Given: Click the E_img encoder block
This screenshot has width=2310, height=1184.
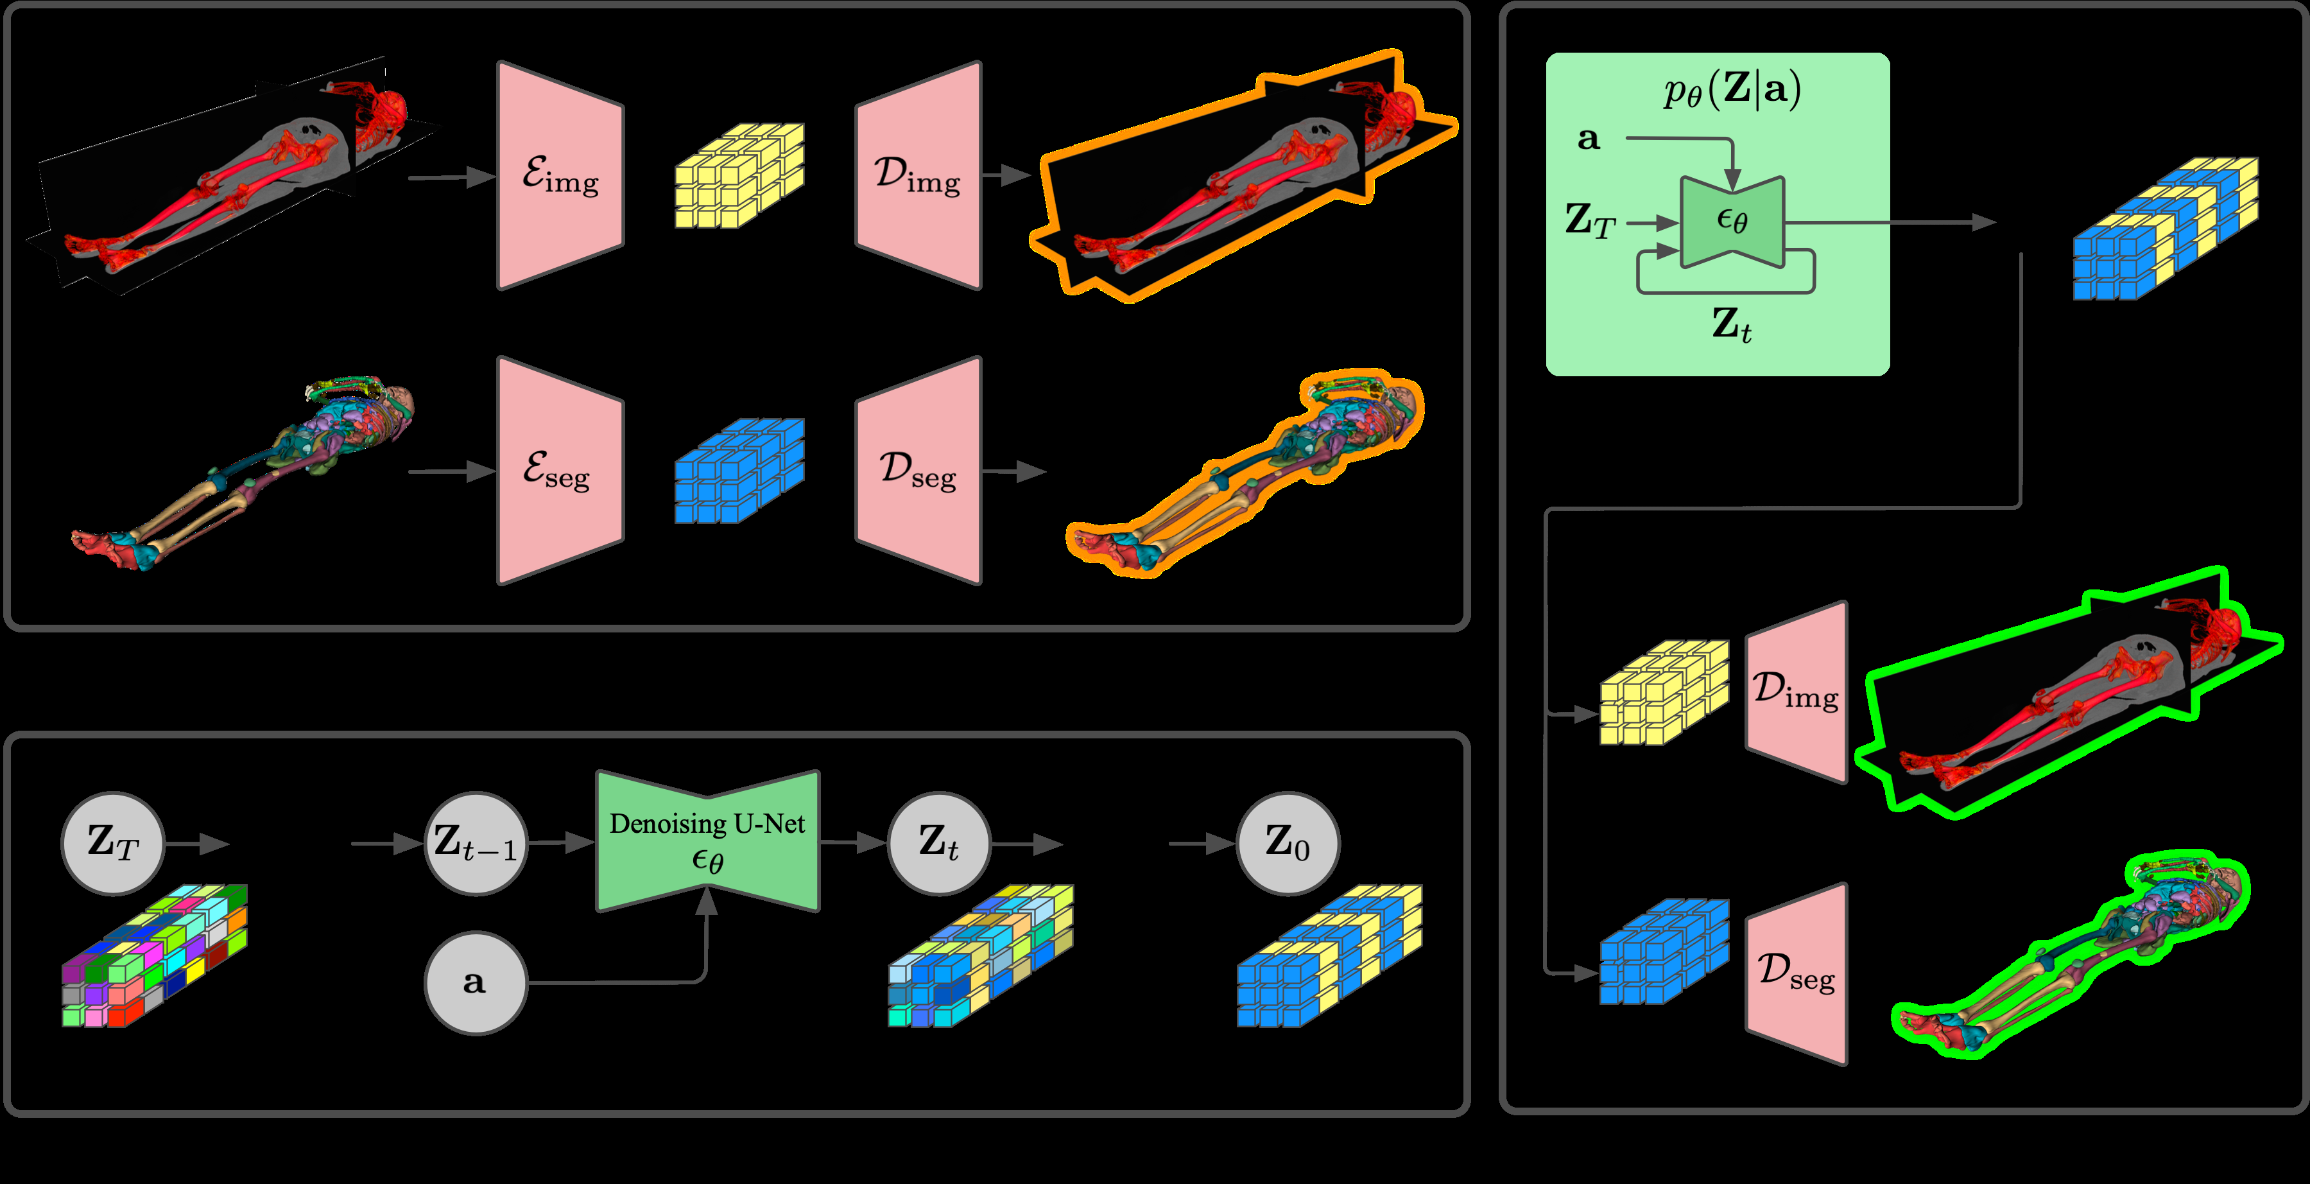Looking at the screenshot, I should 560,176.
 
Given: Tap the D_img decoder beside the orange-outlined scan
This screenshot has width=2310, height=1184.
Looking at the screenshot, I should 918,176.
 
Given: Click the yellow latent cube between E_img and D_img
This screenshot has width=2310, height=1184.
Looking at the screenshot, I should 739,176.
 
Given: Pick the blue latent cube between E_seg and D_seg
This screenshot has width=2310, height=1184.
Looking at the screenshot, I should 739,471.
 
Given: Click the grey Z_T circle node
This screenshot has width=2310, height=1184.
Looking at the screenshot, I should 113,843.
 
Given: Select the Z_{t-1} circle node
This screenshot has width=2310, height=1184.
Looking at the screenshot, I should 475,843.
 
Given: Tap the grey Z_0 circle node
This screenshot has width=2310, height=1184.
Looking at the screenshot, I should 1288,843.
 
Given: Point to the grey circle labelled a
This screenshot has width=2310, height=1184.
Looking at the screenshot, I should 475,983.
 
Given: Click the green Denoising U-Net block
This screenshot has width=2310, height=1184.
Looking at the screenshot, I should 707,841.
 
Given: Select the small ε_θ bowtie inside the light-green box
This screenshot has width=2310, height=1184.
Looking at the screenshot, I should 1732,222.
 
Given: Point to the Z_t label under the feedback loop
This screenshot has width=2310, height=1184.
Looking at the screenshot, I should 1730,325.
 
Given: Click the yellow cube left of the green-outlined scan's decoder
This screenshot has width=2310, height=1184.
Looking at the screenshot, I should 1664,692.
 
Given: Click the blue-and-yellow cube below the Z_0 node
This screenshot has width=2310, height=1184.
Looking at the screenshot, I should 1329,956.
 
